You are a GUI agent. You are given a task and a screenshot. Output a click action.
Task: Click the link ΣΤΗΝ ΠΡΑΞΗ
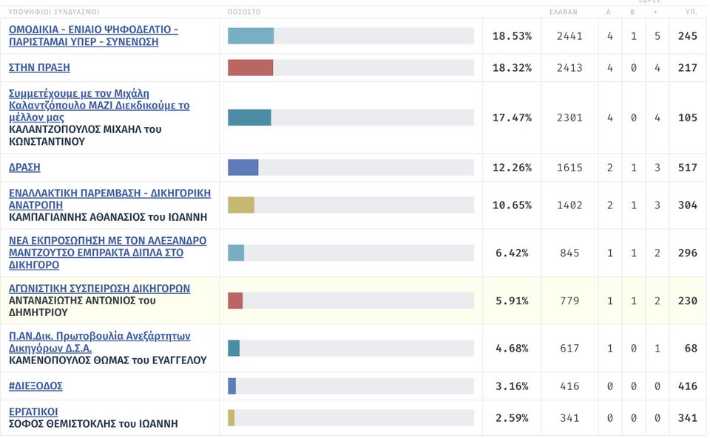[x=39, y=67]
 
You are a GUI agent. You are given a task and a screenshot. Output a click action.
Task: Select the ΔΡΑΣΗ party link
[x=24, y=167]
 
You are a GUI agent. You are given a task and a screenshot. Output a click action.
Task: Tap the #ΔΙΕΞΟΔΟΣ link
[x=35, y=386]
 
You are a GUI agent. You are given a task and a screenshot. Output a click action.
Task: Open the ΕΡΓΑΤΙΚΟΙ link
[x=33, y=411]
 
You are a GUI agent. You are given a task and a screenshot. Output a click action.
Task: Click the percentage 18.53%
[x=512, y=35]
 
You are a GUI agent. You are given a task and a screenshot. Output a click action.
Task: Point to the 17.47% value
[x=512, y=117]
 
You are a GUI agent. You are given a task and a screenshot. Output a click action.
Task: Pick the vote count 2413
[x=569, y=67]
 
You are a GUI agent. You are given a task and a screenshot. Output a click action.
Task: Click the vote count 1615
[x=569, y=167]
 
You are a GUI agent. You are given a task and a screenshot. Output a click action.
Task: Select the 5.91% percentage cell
[x=512, y=301]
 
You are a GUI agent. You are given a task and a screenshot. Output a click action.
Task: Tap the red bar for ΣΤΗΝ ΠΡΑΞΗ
[x=251, y=67]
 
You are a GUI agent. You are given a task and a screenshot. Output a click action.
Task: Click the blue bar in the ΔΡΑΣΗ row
[x=243, y=167]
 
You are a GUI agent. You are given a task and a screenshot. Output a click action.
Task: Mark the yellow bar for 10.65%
[x=241, y=205]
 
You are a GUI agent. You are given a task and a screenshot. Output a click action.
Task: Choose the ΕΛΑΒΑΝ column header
[x=564, y=12]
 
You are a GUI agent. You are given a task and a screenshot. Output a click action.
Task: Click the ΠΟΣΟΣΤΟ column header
[x=244, y=12]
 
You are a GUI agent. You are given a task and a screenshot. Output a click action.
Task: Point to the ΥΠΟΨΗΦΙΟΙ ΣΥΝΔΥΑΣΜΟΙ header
[x=54, y=12]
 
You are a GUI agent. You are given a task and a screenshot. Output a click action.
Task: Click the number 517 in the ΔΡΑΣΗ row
[x=687, y=167]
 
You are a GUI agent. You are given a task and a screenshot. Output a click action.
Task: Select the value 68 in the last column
[x=691, y=348]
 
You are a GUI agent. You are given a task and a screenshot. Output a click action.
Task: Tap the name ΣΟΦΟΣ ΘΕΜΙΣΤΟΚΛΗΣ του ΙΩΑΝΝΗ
[x=93, y=424]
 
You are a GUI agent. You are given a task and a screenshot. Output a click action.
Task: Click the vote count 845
[x=569, y=253]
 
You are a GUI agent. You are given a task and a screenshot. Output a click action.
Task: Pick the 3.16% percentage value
[x=512, y=386]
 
